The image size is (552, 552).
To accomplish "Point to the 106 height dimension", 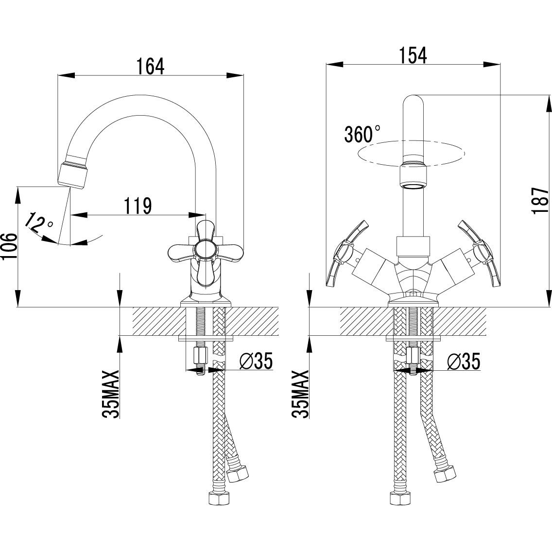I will (x=10, y=247).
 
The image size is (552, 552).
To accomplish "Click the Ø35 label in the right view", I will (x=463, y=361).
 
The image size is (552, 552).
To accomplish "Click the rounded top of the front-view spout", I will (x=414, y=102).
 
